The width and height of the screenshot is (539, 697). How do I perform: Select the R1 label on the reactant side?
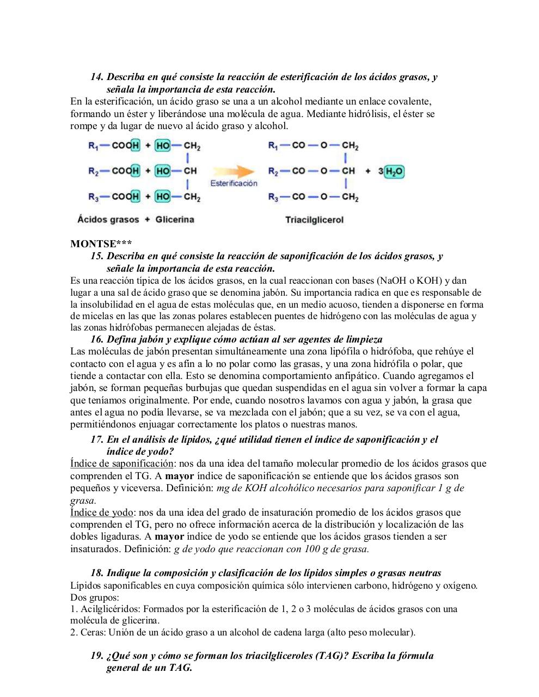93,146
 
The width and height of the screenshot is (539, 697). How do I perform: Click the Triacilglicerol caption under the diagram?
314,220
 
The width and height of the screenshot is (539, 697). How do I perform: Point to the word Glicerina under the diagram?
175,219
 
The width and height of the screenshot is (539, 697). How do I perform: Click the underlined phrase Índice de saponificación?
121,463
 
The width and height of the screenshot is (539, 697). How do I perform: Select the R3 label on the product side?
273,197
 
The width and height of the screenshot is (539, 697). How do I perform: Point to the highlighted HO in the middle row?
162,171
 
